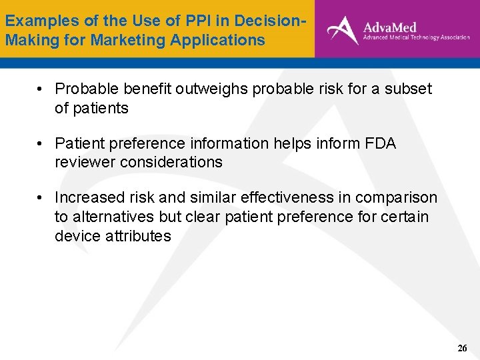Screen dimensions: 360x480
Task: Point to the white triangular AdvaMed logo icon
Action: pos(342,30)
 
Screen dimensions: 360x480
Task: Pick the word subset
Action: pos(409,89)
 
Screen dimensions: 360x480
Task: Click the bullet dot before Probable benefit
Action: pos(41,89)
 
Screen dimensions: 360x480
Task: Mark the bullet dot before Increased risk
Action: pos(41,199)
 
